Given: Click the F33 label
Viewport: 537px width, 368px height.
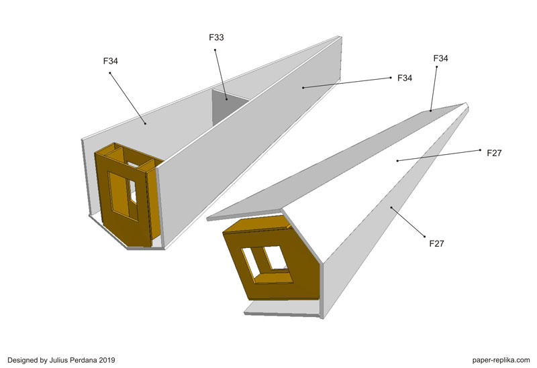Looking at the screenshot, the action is pyautogui.click(x=216, y=38).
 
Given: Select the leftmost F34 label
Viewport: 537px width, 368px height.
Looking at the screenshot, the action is pyautogui.click(x=111, y=61).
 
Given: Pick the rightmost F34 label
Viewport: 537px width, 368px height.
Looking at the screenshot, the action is pyautogui.click(x=441, y=58).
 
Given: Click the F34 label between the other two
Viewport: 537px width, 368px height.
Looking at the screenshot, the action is pyautogui.click(x=405, y=78).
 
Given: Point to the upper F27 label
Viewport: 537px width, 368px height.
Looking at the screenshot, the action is pyautogui.click(x=494, y=153).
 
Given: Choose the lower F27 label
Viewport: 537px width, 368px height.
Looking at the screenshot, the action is pyautogui.click(x=437, y=243).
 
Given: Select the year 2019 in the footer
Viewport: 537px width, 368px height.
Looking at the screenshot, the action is pyautogui.click(x=107, y=360).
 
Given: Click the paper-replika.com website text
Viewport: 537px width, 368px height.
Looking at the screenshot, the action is pyautogui.click(x=501, y=360).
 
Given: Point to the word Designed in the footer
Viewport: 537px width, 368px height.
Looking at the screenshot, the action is pyautogui.click(x=22, y=360).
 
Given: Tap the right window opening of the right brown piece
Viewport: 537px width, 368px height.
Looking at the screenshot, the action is pyautogui.click(x=276, y=258).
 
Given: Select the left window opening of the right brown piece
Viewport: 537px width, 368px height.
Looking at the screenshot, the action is pyautogui.click(x=252, y=262).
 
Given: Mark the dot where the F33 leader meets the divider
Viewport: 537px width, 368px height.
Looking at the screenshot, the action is pyautogui.click(x=226, y=99).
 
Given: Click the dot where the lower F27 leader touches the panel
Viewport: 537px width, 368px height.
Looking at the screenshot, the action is pyautogui.click(x=391, y=207).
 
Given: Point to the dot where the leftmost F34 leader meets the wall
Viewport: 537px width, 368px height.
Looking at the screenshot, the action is pyautogui.click(x=145, y=123).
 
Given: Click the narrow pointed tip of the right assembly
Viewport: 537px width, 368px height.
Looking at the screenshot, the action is pyautogui.click(x=467, y=104).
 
